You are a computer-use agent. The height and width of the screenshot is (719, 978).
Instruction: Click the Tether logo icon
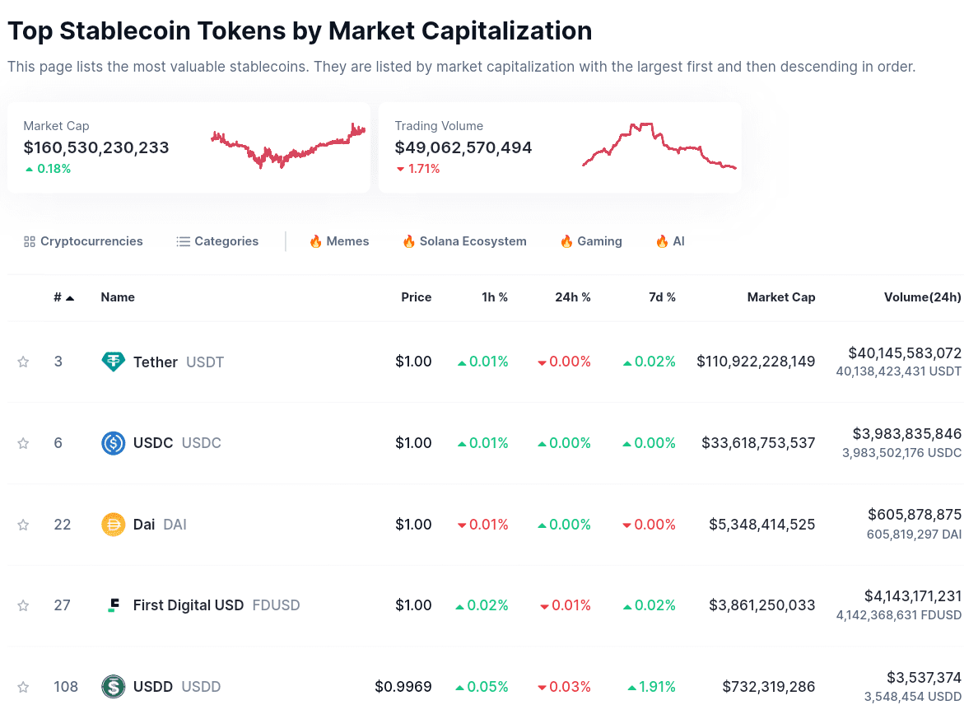[x=113, y=362]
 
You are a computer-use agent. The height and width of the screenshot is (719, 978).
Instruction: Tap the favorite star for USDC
[x=23, y=443]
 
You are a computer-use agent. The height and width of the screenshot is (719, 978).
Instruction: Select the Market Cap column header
[x=780, y=297]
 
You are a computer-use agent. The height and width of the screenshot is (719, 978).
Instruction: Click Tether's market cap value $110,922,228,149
[x=756, y=362]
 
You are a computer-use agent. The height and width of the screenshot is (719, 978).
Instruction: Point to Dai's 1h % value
[x=483, y=525]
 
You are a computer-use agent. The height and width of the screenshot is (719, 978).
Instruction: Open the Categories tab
[x=217, y=241]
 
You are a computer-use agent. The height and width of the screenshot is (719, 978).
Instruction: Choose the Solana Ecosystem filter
[x=464, y=241]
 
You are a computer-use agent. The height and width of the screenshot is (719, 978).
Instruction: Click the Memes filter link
[x=339, y=241]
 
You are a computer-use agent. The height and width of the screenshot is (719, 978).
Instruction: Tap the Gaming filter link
[x=591, y=241]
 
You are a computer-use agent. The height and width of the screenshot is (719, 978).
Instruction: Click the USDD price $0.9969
[x=403, y=687]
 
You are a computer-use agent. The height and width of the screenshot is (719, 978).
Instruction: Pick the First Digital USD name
[x=189, y=605]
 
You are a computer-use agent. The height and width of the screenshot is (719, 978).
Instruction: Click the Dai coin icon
[x=113, y=525]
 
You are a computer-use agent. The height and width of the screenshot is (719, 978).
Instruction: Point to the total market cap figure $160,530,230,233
[x=96, y=148]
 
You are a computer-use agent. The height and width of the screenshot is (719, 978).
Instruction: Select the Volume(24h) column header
[x=922, y=297]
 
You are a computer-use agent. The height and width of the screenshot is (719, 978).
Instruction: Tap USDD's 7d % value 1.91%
[x=651, y=687]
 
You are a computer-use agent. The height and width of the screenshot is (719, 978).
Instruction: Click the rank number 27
[x=63, y=605]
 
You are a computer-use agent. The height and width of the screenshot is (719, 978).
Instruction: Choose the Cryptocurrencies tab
[x=83, y=241]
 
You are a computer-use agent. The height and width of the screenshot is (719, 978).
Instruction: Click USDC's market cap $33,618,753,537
[x=758, y=443]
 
